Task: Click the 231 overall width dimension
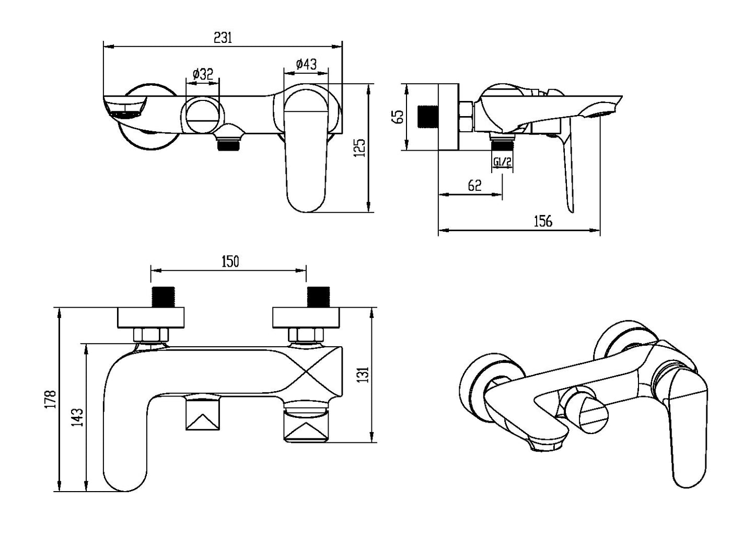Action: (223, 38)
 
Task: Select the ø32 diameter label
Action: (203, 74)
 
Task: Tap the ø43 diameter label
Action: (306, 64)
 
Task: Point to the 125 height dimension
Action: (359, 147)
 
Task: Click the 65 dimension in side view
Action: (398, 116)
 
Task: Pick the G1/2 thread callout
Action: (502, 162)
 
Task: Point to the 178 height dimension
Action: (51, 400)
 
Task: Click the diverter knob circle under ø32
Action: (203, 116)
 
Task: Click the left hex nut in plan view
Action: (152, 334)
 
